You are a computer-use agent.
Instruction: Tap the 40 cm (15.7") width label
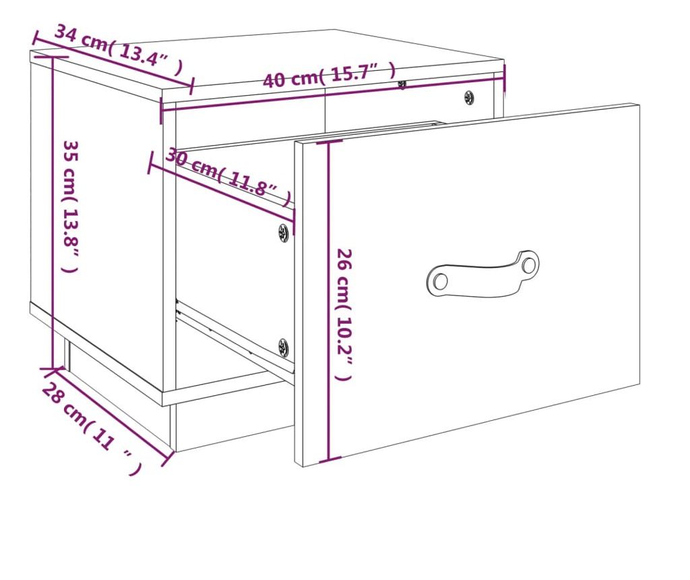(329, 75)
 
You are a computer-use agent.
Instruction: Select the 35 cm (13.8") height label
(70, 206)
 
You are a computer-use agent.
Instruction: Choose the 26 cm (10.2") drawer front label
(344, 314)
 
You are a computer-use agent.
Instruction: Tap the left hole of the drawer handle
(439, 281)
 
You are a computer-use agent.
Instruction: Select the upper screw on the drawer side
(284, 233)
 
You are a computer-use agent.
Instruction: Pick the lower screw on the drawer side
(284, 347)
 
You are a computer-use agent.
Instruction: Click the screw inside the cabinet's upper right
(470, 97)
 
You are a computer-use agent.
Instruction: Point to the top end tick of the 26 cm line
(329, 142)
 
